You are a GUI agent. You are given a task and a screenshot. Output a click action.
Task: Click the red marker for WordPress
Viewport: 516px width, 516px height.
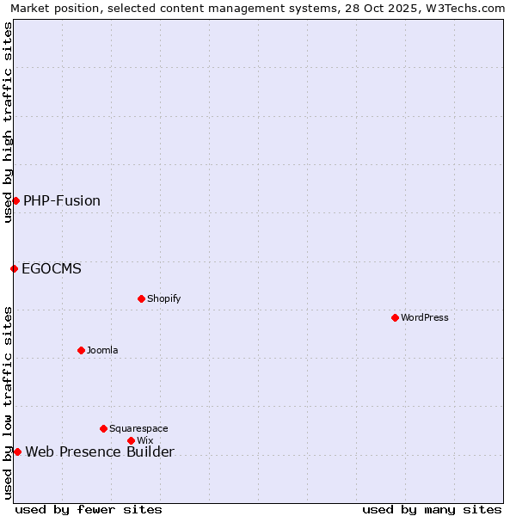point(395,317)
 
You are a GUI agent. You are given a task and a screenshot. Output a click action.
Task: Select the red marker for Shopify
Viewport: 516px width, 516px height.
point(141,298)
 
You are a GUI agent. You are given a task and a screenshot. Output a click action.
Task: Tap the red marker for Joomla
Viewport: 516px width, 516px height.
point(81,350)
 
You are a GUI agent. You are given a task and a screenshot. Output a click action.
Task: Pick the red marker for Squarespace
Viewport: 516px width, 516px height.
point(103,428)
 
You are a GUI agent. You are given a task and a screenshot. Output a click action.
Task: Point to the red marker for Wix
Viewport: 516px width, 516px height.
point(131,440)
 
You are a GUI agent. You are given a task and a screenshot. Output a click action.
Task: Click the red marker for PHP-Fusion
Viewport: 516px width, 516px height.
point(15,200)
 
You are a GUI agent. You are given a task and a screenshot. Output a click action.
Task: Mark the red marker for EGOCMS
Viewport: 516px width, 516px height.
point(14,268)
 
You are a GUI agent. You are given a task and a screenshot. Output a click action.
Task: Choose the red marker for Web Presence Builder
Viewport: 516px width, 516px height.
point(17,451)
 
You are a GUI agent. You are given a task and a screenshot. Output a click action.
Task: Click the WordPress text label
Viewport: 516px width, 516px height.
point(425,317)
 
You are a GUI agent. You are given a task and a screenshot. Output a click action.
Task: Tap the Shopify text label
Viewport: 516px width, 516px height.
point(164,298)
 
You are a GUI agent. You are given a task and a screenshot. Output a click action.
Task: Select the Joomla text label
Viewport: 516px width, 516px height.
point(102,350)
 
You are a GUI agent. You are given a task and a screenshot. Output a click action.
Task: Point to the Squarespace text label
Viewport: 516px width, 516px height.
point(138,428)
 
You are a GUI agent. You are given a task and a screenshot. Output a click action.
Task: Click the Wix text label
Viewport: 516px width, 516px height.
point(144,440)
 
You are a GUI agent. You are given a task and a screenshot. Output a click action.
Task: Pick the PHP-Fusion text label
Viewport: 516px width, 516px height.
point(62,201)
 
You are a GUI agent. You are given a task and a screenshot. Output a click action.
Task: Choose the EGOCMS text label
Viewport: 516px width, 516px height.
point(52,269)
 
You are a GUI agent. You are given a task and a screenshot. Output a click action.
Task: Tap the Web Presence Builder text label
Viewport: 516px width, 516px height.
point(100,452)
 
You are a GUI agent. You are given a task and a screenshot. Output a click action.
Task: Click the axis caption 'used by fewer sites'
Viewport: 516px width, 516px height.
point(89,509)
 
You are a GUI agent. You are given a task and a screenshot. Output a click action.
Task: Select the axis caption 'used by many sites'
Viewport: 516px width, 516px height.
point(432,509)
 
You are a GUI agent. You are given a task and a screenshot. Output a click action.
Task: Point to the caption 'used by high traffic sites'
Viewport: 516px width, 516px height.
point(8,122)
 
